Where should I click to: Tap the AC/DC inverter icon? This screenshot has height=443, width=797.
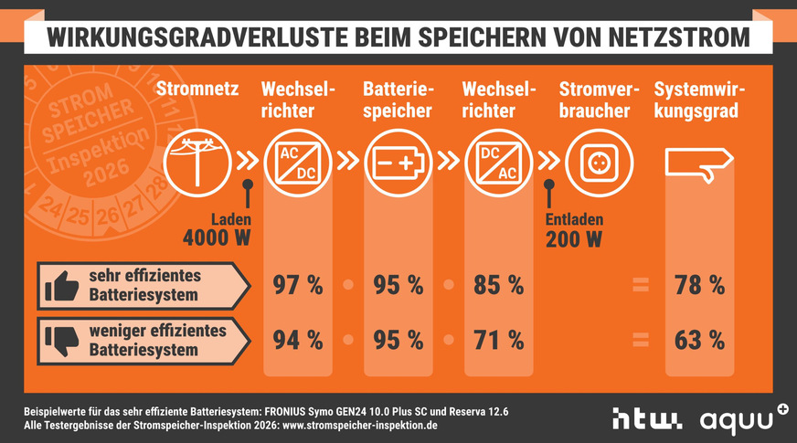(x=298, y=161)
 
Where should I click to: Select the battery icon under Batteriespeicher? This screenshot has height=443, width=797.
(x=398, y=161)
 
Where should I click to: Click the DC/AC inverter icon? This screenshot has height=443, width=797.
(x=498, y=161)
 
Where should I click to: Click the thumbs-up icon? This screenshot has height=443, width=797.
(x=61, y=287)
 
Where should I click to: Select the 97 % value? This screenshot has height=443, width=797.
(x=298, y=285)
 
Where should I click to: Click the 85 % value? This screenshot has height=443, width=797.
(x=499, y=285)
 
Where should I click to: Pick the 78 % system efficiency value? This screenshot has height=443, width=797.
(x=699, y=285)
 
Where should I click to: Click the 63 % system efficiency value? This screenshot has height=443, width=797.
(x=699, y=340)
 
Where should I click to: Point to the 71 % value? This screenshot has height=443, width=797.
(x=499, y=340)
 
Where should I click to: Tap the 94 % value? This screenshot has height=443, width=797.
(x=298, y=340)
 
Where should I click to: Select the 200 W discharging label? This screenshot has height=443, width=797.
(x=573, y=240)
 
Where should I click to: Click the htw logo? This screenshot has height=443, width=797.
(x=646, y=419)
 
